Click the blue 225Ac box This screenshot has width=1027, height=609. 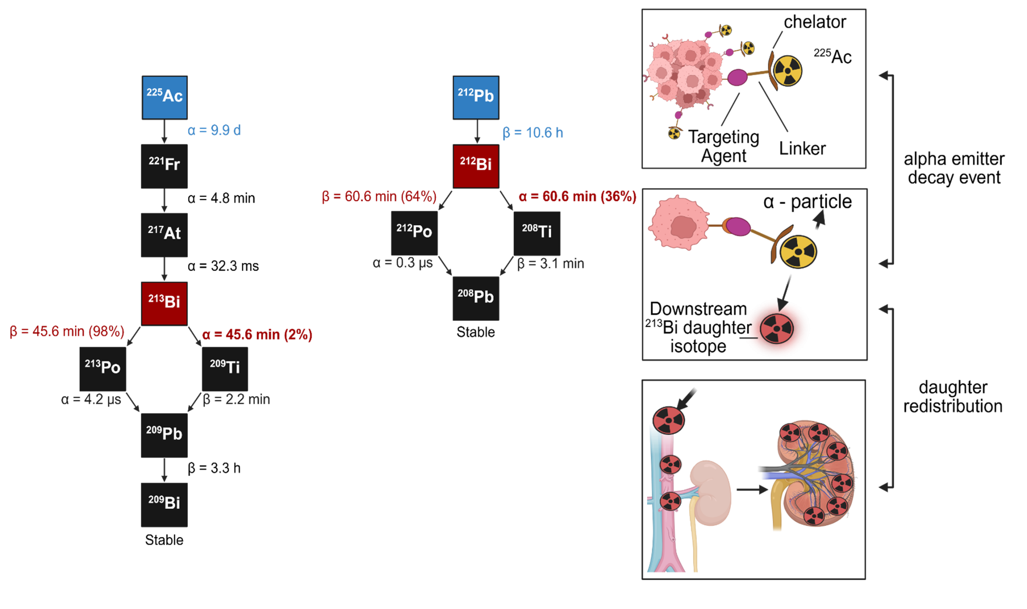[164, 98]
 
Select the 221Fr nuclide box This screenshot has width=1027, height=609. [164, 166]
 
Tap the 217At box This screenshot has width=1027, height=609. [164, 235]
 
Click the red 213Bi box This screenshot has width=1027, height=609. [164, 303]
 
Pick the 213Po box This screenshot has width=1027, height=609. [103, 369]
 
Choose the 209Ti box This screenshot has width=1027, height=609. [225, 369]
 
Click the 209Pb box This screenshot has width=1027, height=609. [164, 436]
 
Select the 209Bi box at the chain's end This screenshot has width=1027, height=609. [164, 504]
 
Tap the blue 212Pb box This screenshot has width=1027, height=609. [476, 98]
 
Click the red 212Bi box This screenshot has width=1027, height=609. [476, 166]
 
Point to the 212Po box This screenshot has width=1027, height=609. [414, 233]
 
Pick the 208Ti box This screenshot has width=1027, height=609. [537, 233]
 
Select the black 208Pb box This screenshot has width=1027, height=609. [476, 298]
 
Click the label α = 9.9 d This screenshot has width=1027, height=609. [214, 131]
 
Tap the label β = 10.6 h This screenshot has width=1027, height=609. [532, 133]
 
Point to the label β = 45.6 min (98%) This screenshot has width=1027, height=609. [67, 331]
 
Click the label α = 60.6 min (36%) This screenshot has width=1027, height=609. [577, 197]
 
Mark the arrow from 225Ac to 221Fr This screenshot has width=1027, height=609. [164, 132]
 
